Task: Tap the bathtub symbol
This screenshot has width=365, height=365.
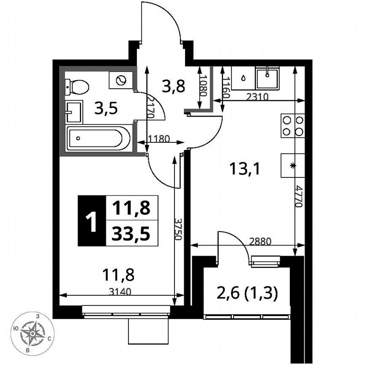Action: click(98, 138)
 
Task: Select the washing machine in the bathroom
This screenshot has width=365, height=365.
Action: click(121, 80)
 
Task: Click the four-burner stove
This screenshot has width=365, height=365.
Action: click(293, 125)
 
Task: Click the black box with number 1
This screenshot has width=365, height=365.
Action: click(91, 221)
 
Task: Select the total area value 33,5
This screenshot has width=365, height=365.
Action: click(131, 233)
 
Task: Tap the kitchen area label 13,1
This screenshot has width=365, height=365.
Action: click(244, 169)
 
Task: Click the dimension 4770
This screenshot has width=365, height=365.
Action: click(298, 196)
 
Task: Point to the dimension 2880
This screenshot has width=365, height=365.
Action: click(260, 241)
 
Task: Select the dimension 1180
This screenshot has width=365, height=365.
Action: click(159, 138)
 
